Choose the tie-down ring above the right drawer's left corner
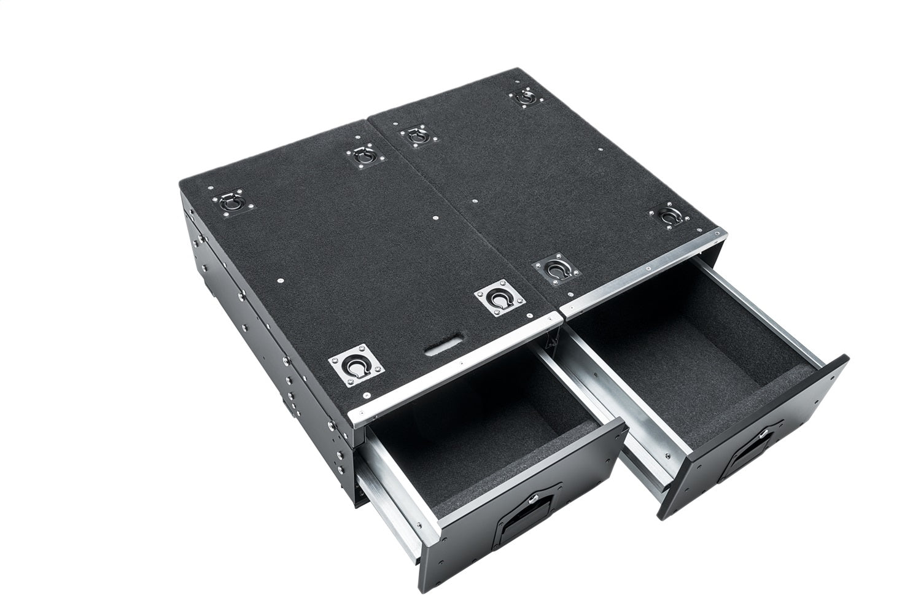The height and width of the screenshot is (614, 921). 556,268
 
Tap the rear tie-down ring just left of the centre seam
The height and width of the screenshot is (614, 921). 363,157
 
